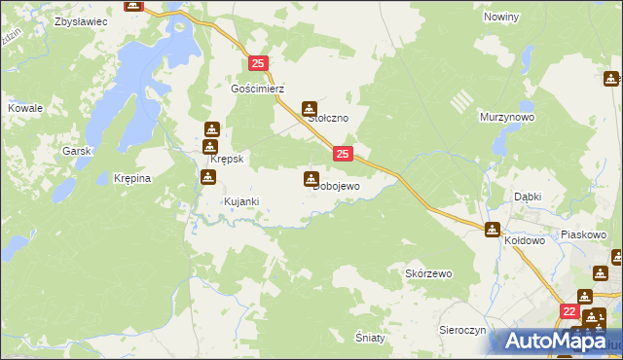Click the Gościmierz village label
(257, 88)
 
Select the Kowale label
(25, 108)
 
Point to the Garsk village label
(76, 151)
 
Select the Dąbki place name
(528, 196)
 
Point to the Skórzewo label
(428, 274)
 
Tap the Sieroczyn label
(462, 330)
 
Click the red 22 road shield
(569, 311)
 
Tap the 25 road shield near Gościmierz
(258, 63)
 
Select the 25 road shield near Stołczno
(343, 153)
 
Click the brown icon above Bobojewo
(311, 178)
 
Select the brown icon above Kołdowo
(493, 230)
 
